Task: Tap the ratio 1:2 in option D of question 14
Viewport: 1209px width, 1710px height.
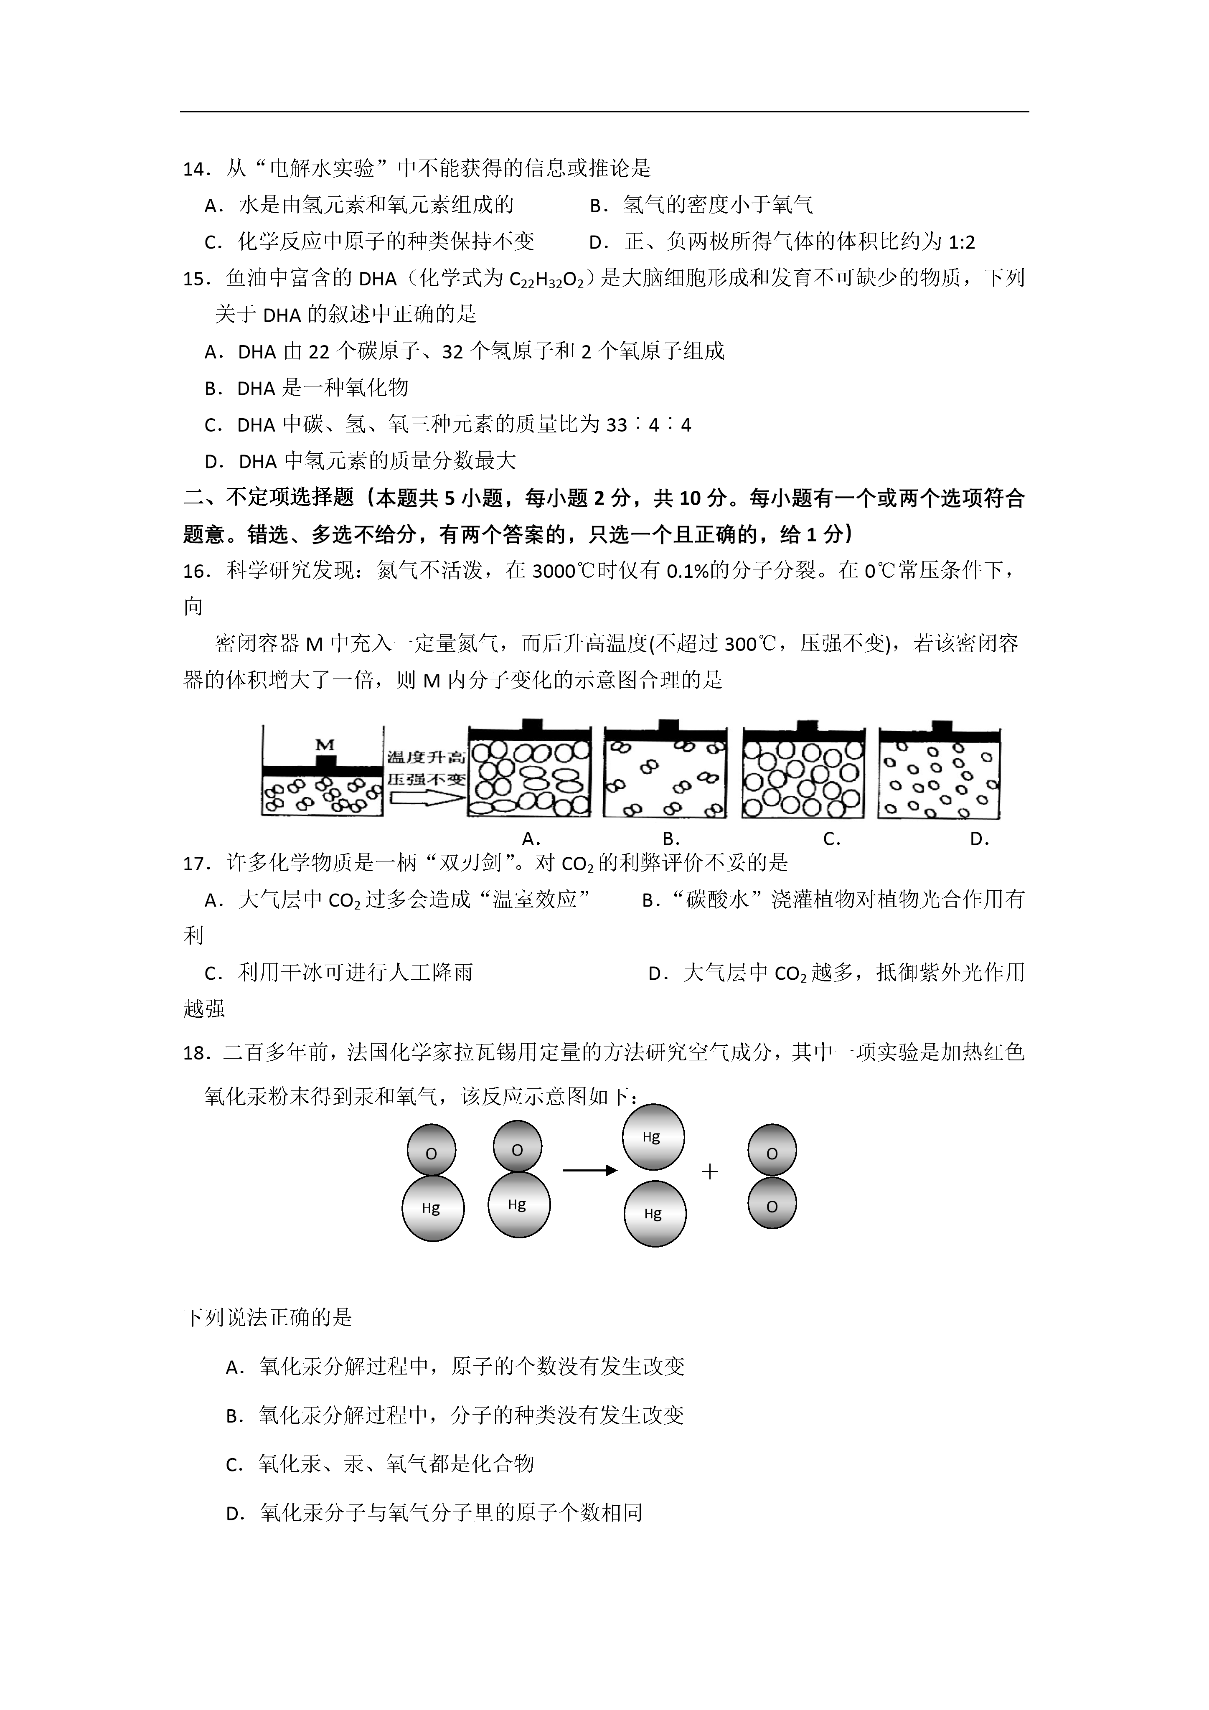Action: pos(962,242)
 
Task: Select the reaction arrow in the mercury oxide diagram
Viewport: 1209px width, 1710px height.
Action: pos(589,1171)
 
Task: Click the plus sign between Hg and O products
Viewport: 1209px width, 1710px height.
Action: pos(709,1172)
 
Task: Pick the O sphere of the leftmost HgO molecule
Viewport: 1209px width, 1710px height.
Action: pos(431,1154)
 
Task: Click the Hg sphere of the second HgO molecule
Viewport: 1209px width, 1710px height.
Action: pos(518,1204)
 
